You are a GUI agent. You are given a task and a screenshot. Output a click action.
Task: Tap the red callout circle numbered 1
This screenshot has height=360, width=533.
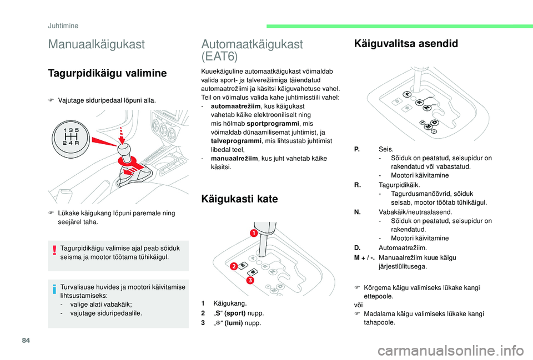pyautogui.click(x=254, y=234)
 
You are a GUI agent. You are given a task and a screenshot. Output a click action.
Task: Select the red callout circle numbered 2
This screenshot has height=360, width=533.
pyautogui.click(x=234, y=266)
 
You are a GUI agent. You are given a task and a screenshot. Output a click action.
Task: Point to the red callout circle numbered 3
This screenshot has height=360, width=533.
pyautogui.click(x=250, y=281)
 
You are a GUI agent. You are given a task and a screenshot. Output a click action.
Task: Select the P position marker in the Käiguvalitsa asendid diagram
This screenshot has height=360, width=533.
pyautogui.click(x=408, y=94)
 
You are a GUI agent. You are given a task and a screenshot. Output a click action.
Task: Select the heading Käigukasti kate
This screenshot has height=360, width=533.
pyautogui.click(x=240, y=199)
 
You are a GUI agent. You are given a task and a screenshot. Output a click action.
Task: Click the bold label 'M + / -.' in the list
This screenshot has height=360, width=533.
pyautogui.click(x=364, y=257)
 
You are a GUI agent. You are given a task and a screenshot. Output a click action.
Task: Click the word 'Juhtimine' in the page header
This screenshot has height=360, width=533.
pyautogui.click(x=62, y=25)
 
